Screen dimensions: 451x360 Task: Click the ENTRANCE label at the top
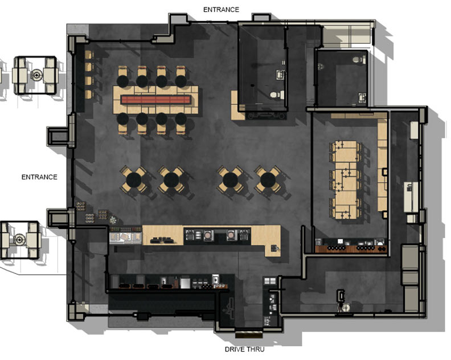221,10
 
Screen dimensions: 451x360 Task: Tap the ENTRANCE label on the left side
39,177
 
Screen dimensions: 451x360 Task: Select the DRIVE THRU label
244,349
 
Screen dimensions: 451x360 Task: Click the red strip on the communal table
156,100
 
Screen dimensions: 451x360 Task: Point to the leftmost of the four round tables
134,179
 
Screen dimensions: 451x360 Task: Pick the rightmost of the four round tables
268,179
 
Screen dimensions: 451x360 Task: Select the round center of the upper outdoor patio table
36,75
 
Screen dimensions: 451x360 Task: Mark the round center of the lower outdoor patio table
19,239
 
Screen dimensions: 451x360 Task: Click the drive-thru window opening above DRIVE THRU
249,334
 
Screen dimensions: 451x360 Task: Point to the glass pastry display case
126,238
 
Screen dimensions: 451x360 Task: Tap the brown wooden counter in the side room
351,249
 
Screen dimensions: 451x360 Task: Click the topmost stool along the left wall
89,55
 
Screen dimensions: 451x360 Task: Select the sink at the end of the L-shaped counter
274,247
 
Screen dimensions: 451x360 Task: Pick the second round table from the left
171,179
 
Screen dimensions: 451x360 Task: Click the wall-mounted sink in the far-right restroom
362,97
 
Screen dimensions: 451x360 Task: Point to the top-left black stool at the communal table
122,81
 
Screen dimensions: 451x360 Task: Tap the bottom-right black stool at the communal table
181,118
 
